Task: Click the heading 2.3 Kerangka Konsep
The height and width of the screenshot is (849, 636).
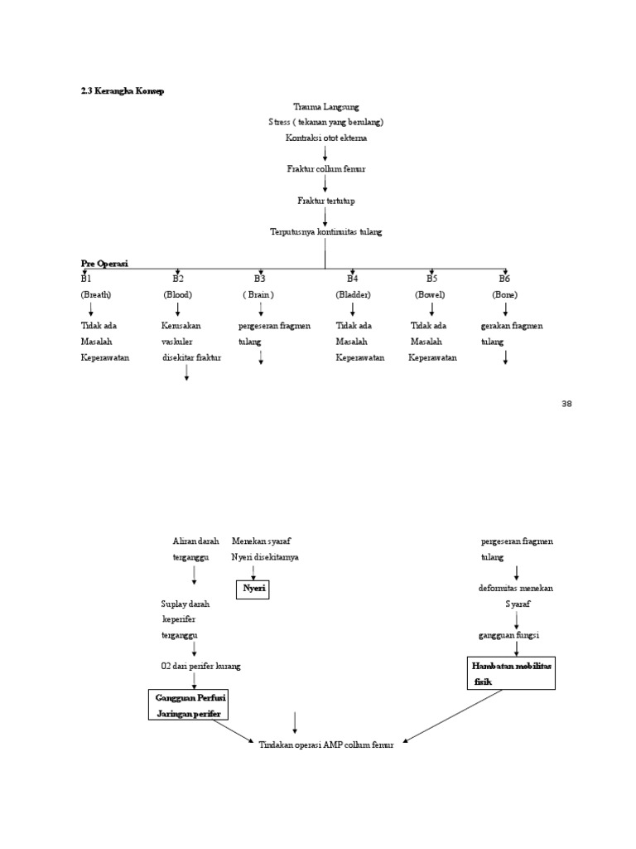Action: (x=123, y=91)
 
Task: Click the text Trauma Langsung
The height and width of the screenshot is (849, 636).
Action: (x=325, y=107)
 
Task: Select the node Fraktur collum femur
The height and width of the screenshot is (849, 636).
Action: (x=325, y=169)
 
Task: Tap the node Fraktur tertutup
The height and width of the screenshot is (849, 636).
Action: (x=325, y=201)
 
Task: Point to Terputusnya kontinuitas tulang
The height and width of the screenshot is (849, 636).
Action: (x=325, y=232)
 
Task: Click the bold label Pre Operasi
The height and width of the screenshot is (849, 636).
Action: (x=104, y=263)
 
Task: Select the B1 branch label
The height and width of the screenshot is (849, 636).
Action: (x=86, y=279)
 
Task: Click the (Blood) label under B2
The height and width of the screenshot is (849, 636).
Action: (x=177, y=294)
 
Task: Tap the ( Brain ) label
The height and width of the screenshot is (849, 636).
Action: (x=258, y=294)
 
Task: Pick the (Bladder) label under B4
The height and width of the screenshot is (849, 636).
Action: (x=353, y=294)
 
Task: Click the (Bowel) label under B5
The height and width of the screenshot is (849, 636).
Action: (x=431, y=294)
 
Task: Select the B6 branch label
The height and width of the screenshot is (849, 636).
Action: (x=504, y=279)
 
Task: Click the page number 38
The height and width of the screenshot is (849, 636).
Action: (x=566, y=404)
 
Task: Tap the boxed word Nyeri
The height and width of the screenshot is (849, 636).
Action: (x=253, y=589)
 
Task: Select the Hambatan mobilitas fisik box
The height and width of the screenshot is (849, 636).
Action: (x=511, y=673)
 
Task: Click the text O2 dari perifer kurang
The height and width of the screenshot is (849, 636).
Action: (x=201, y=666)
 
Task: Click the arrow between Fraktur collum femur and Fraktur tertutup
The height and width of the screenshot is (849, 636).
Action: (x=325, y=184)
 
